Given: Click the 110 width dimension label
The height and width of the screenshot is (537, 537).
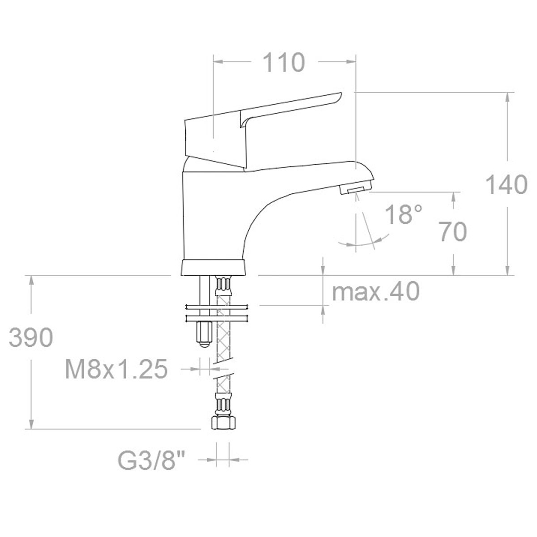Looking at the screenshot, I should [283, 63].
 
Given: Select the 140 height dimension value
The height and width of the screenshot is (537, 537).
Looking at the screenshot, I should [507, 185].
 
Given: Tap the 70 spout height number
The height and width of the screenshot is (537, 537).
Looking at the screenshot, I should [452, 232].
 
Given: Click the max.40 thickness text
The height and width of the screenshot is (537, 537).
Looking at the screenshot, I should [376, 292].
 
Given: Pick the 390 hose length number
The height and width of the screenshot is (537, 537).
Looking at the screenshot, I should [31, 338].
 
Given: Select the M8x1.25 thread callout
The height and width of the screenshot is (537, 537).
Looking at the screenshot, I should [116, 370].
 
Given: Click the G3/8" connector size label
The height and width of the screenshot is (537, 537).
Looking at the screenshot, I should [151, 460].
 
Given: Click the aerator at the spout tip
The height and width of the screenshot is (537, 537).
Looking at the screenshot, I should [355, 189].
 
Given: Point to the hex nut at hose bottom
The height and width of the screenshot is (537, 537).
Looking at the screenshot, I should [222, 422].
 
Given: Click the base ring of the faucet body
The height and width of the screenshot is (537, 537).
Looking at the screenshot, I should [213, 268].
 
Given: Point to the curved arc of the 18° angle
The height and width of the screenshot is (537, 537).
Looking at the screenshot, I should [362, 244].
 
